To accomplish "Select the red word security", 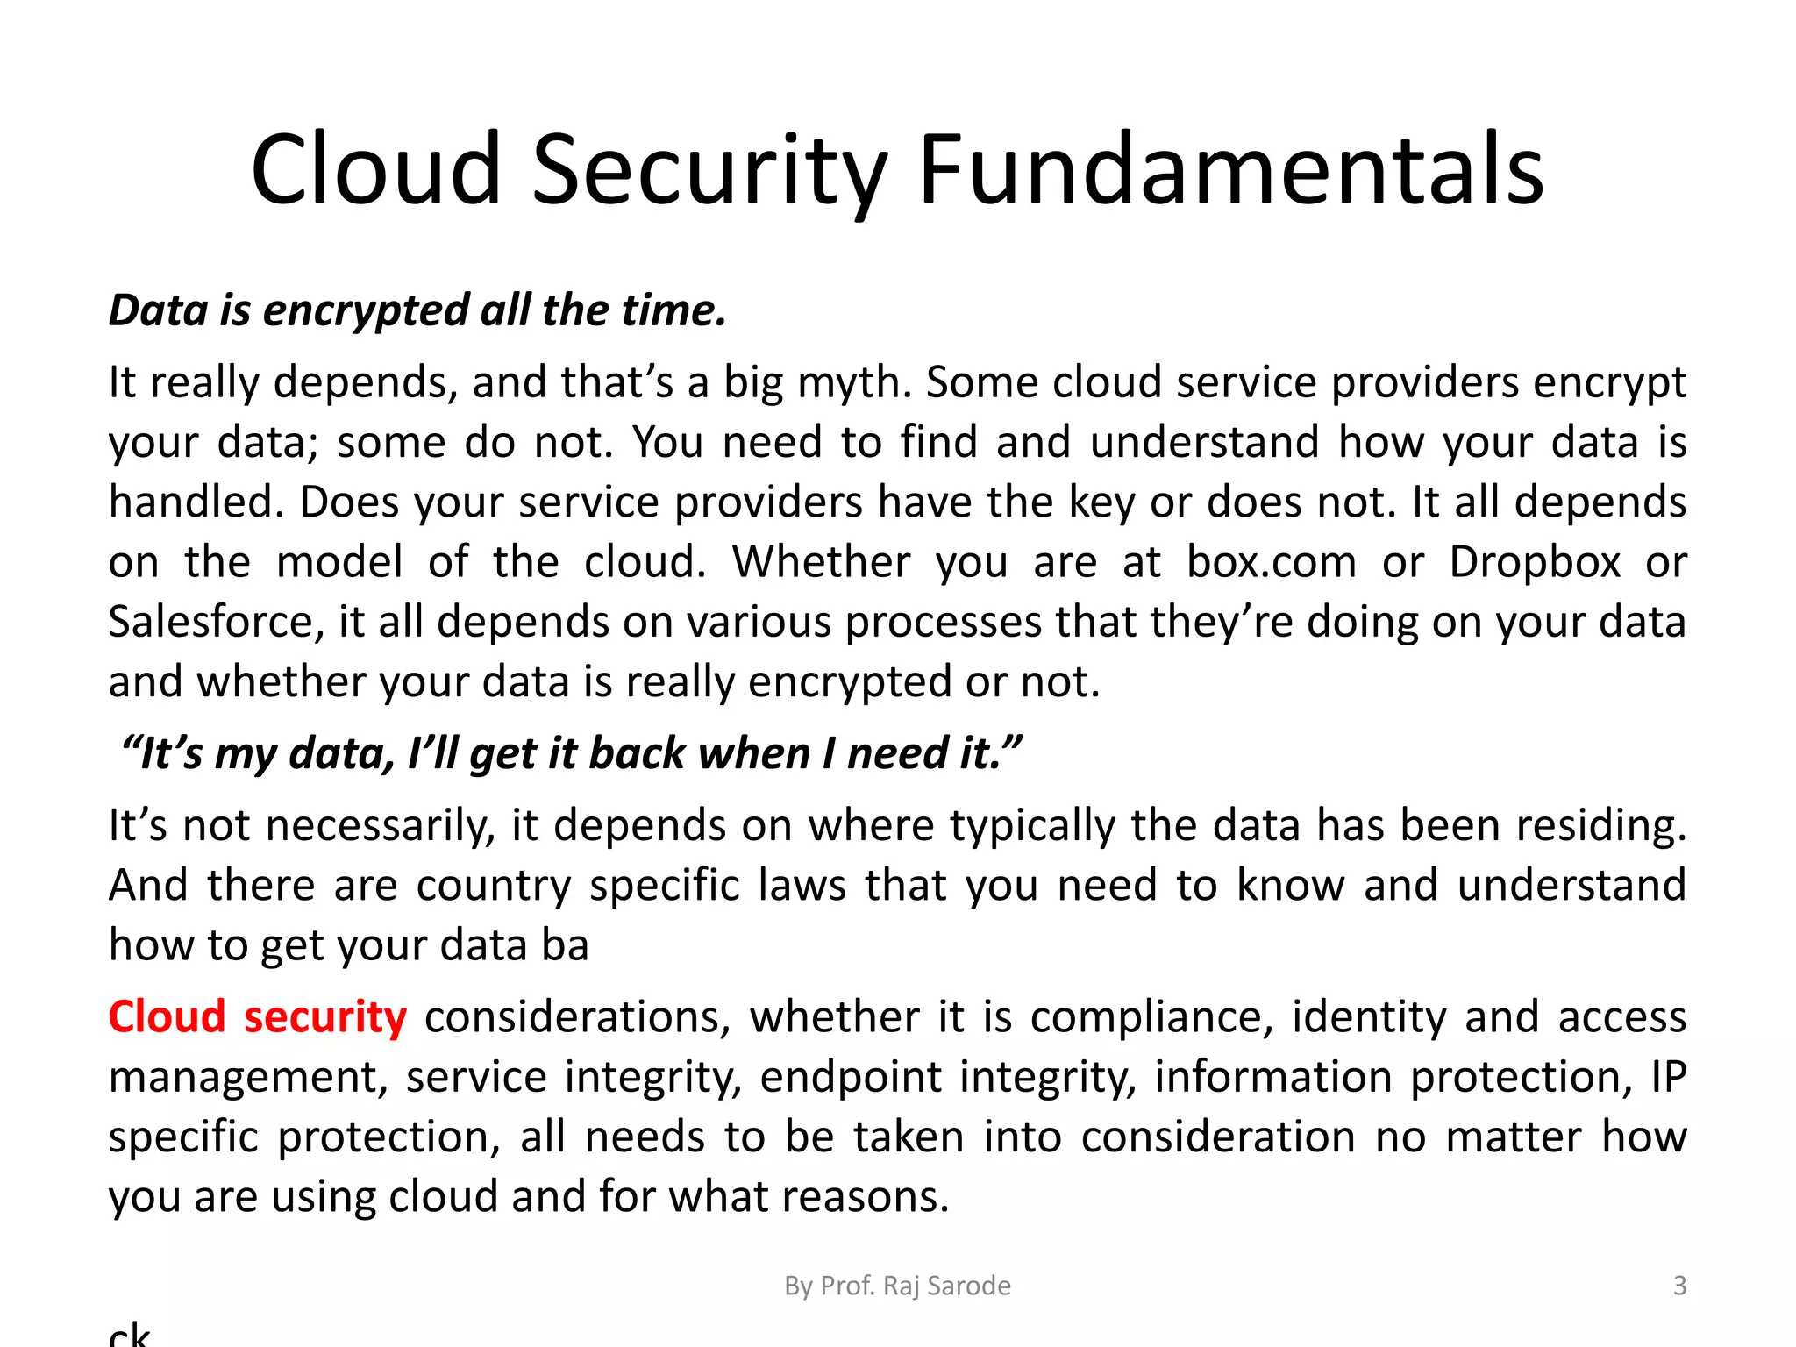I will pyautogui.click(x=325, y=1017).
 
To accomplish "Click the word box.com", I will pyautogui.click(x=1271, y=562).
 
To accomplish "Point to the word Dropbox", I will pyautogui.click(x=1535, y=562).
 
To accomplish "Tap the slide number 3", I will pyautogui.click(x=1679, y=1286).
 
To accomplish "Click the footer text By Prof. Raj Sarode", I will pyautogui.click(x=897, y=1286).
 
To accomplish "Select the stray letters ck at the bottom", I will pyautogui.click(x=130, y=1334).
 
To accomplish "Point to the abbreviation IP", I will pyautogui.click(x=1668, y=1077).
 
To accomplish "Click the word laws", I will pyautogui.click(x=802, y=886).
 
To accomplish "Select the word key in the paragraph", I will pyautogui.click(x=1101, y=502).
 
